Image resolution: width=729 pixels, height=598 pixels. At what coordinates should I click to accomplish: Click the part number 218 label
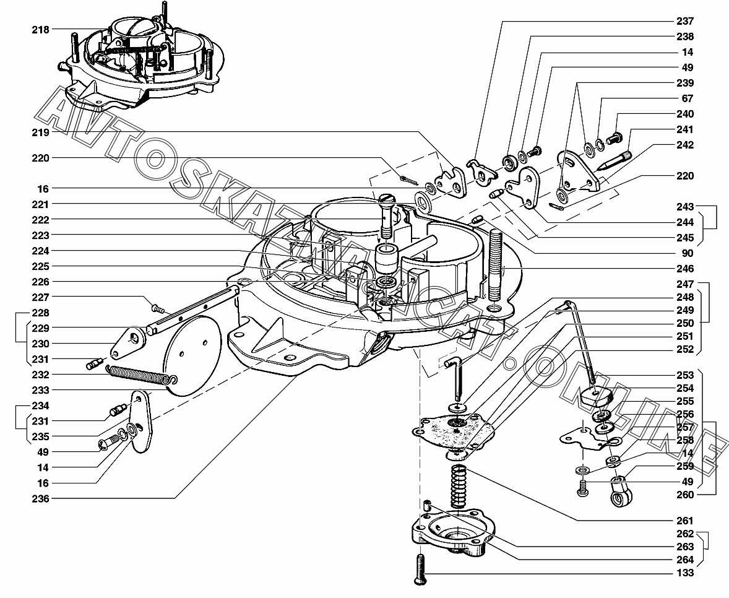coord(40,30)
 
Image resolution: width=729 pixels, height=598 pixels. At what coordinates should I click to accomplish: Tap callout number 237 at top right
coord(685,21)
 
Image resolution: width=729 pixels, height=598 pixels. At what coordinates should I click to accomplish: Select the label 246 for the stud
coord(685,268)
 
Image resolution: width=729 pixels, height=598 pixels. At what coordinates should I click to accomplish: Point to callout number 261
coord(685,521)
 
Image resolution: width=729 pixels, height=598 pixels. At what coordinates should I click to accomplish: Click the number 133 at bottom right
coord(685,573)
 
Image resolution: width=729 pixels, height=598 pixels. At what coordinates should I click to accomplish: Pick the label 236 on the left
coord(40,498)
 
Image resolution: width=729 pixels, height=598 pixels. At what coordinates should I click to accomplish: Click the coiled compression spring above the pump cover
coord(459,487)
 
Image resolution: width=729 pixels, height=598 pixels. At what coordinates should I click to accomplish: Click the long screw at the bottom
coord(420,569)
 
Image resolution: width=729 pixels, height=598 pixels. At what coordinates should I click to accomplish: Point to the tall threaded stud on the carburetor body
coord(496,268)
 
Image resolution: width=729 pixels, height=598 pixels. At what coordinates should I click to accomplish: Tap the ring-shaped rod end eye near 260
coord(620,493)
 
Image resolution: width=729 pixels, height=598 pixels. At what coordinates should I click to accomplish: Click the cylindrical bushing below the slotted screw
coord(387,259)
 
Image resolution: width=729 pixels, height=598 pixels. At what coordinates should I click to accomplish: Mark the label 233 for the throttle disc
coord(40,390)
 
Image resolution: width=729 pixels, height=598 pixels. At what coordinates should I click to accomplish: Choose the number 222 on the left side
coord(40,220)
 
